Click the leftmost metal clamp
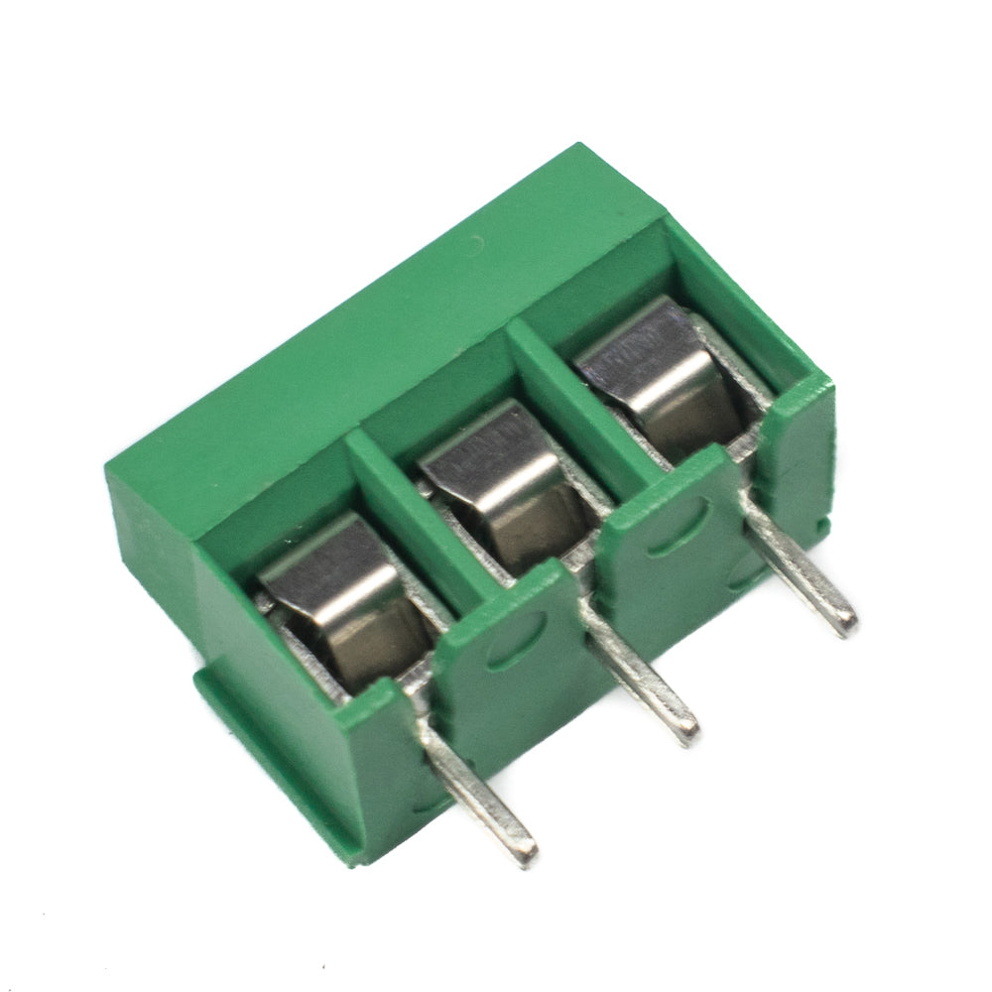(x=342, y=605)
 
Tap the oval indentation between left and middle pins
(x=516, y=640)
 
